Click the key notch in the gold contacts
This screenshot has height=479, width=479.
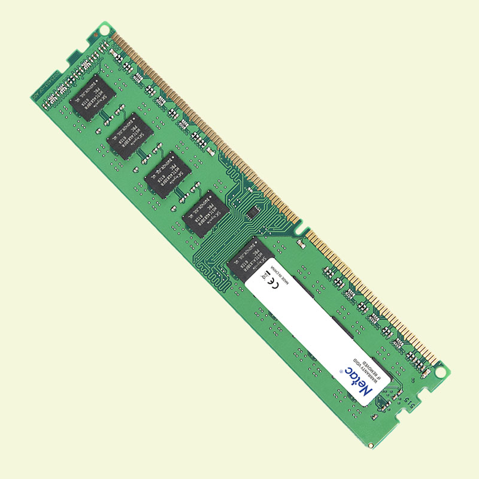304,230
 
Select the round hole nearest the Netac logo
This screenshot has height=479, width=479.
440,371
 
